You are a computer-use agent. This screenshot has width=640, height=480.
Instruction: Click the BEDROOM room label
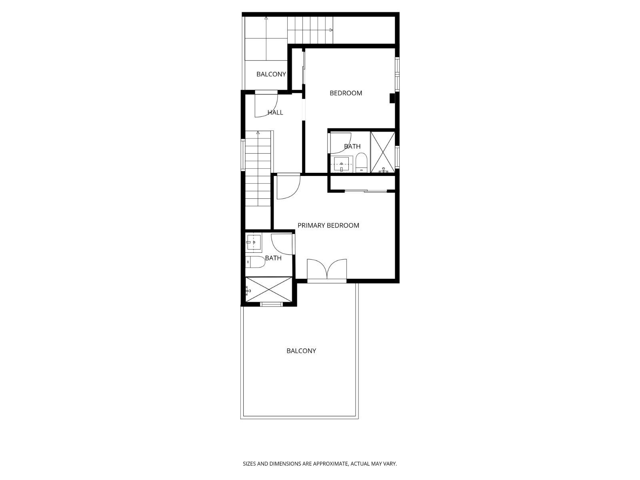[346, 93]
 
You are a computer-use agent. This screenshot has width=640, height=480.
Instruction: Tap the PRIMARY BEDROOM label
[328, 226]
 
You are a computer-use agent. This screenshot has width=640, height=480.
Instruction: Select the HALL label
[275, 113]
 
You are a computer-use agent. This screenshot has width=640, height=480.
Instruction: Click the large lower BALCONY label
[301, 351]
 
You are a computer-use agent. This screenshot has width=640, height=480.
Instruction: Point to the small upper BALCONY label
[271, 74]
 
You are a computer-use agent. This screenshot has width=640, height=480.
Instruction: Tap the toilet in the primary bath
[255, 262]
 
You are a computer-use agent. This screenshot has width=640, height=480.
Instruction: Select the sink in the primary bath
[254, 242]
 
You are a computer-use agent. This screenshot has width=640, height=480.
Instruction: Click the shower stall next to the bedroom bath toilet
[383, 152]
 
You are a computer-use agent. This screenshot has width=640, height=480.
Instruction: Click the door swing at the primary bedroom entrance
[288, 186]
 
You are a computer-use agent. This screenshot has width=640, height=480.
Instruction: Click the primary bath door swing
[282, 244]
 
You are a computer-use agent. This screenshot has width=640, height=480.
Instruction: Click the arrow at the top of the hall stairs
[258, 132]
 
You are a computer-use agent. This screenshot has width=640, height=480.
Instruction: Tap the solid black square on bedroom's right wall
[392, 98]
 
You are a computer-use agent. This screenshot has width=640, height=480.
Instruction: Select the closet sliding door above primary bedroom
[366, 191]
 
